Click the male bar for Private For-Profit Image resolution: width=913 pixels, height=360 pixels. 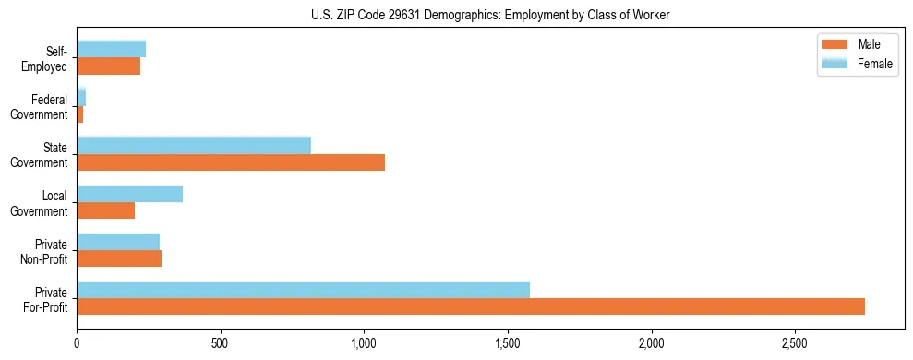[x=471, y=306]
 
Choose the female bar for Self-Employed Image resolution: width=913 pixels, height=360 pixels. [x=111, y=49]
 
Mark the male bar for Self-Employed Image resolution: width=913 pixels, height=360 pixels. [x=108, y=66]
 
